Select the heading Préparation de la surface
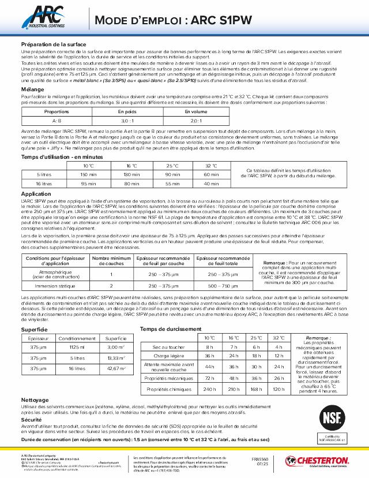(x=54, y=44)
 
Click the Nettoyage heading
(x=35, y=399)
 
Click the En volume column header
(x=195, y=111)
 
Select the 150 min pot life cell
(x=89, y=174)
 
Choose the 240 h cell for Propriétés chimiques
(x=209, y=389)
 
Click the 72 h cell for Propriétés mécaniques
(x=209, y=378)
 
